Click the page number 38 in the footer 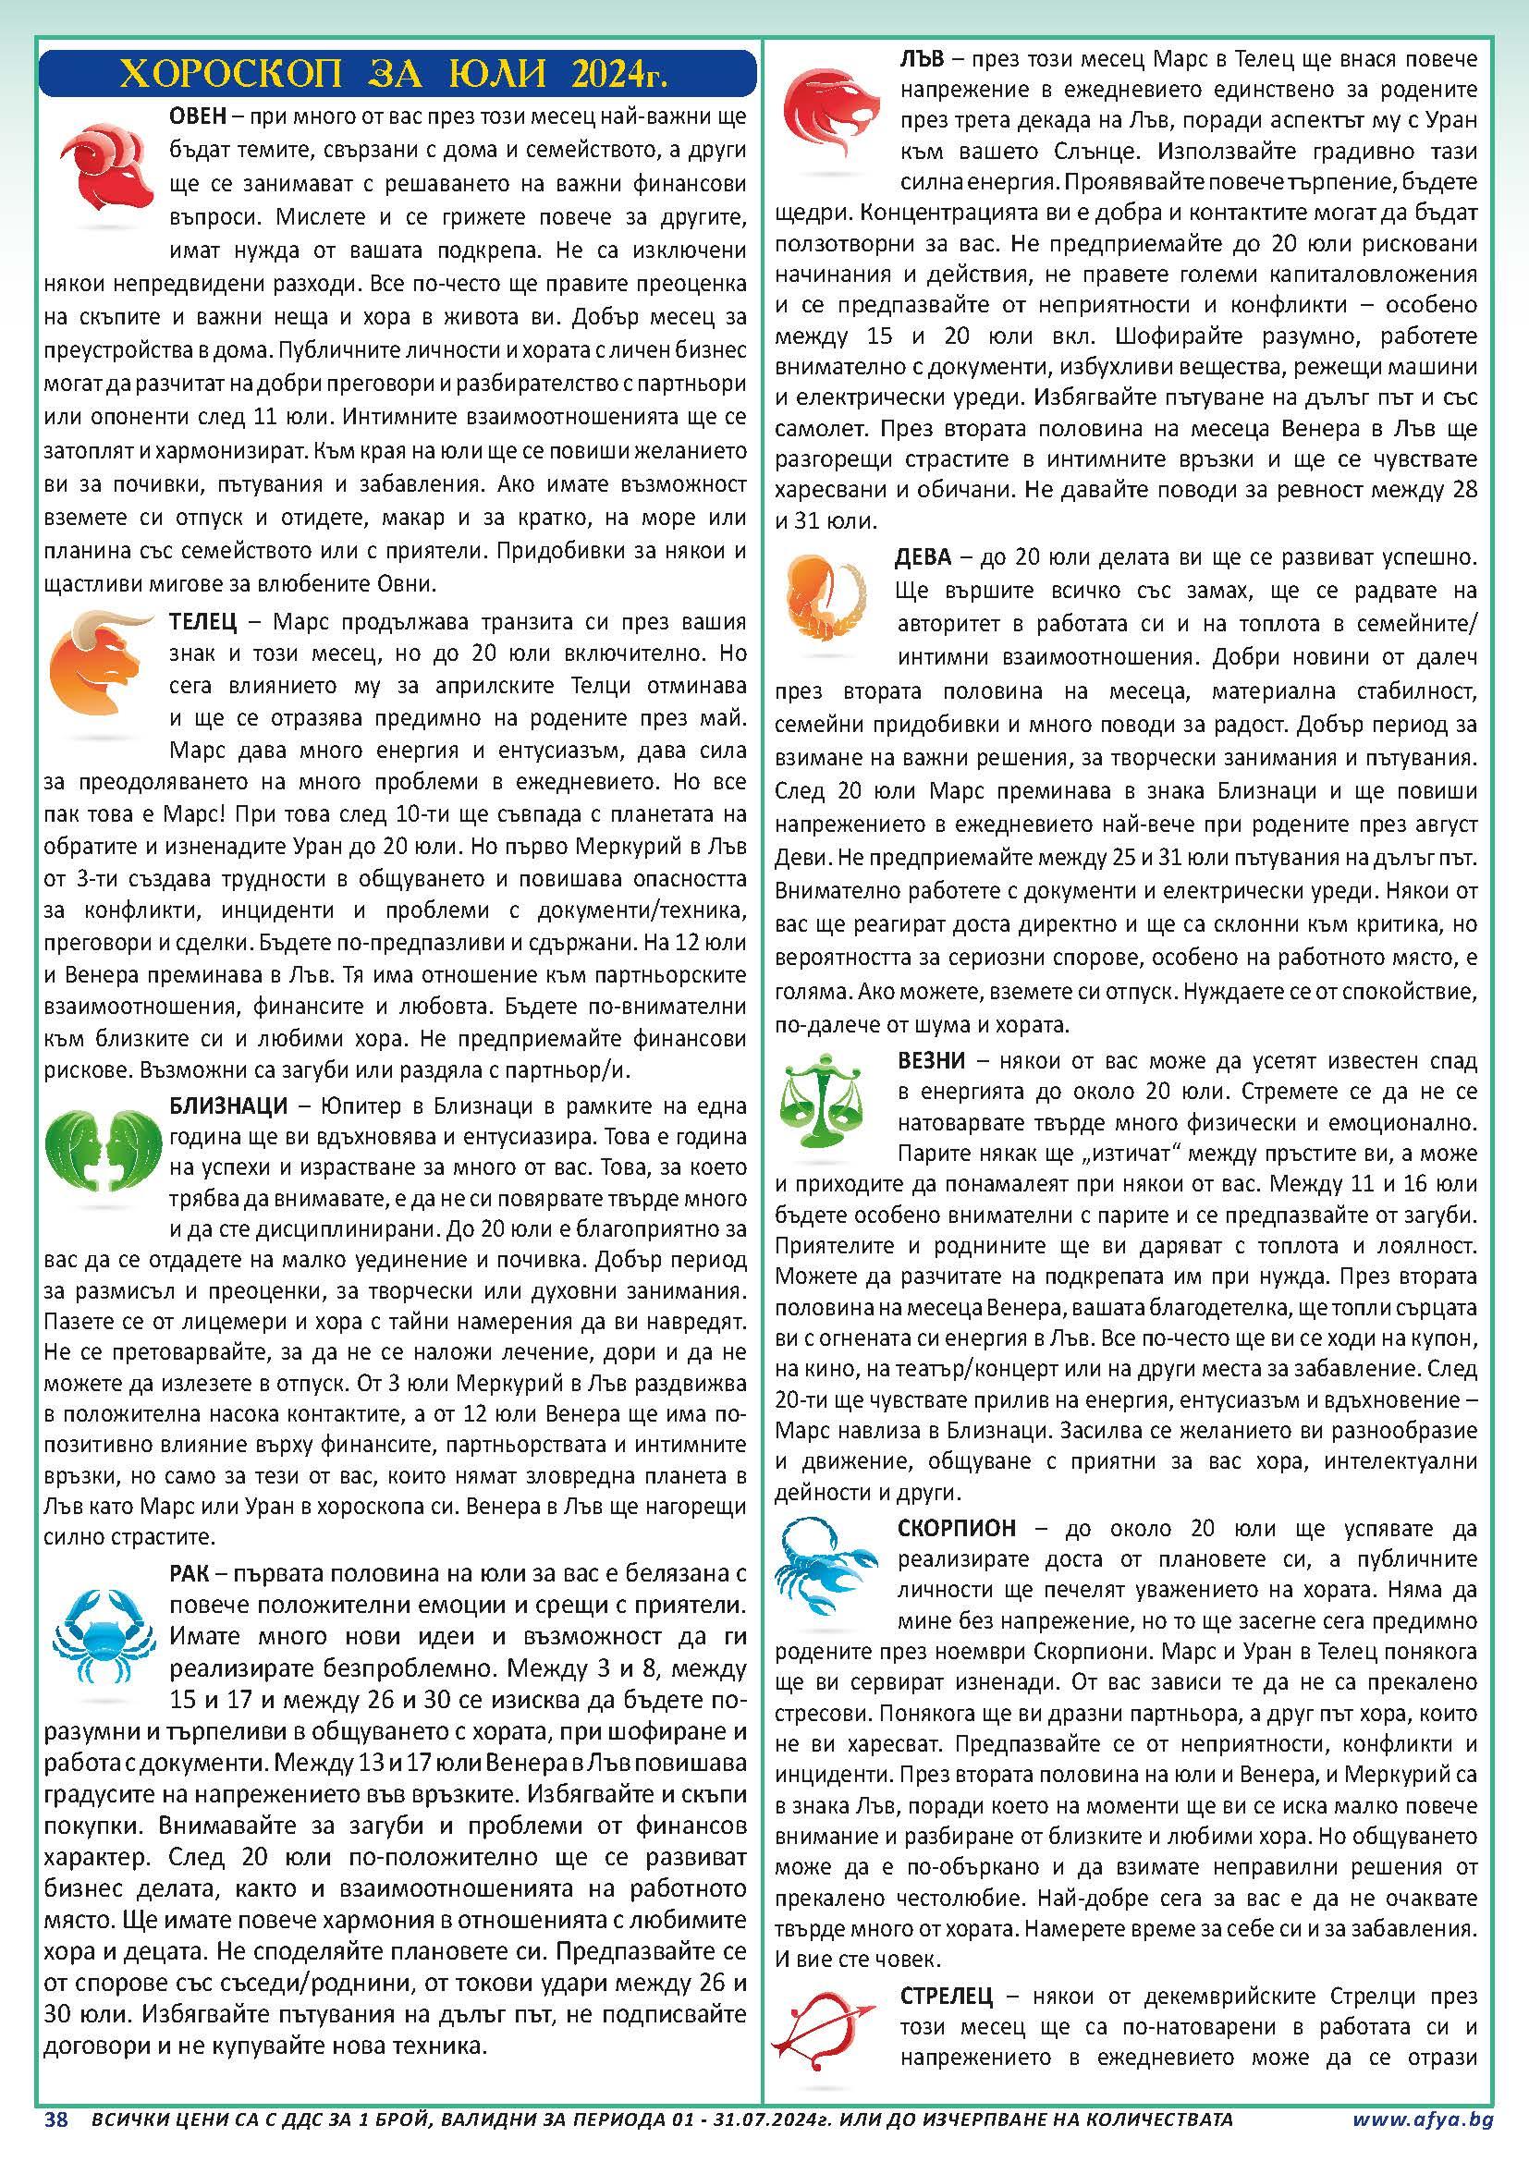[56, 2140]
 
